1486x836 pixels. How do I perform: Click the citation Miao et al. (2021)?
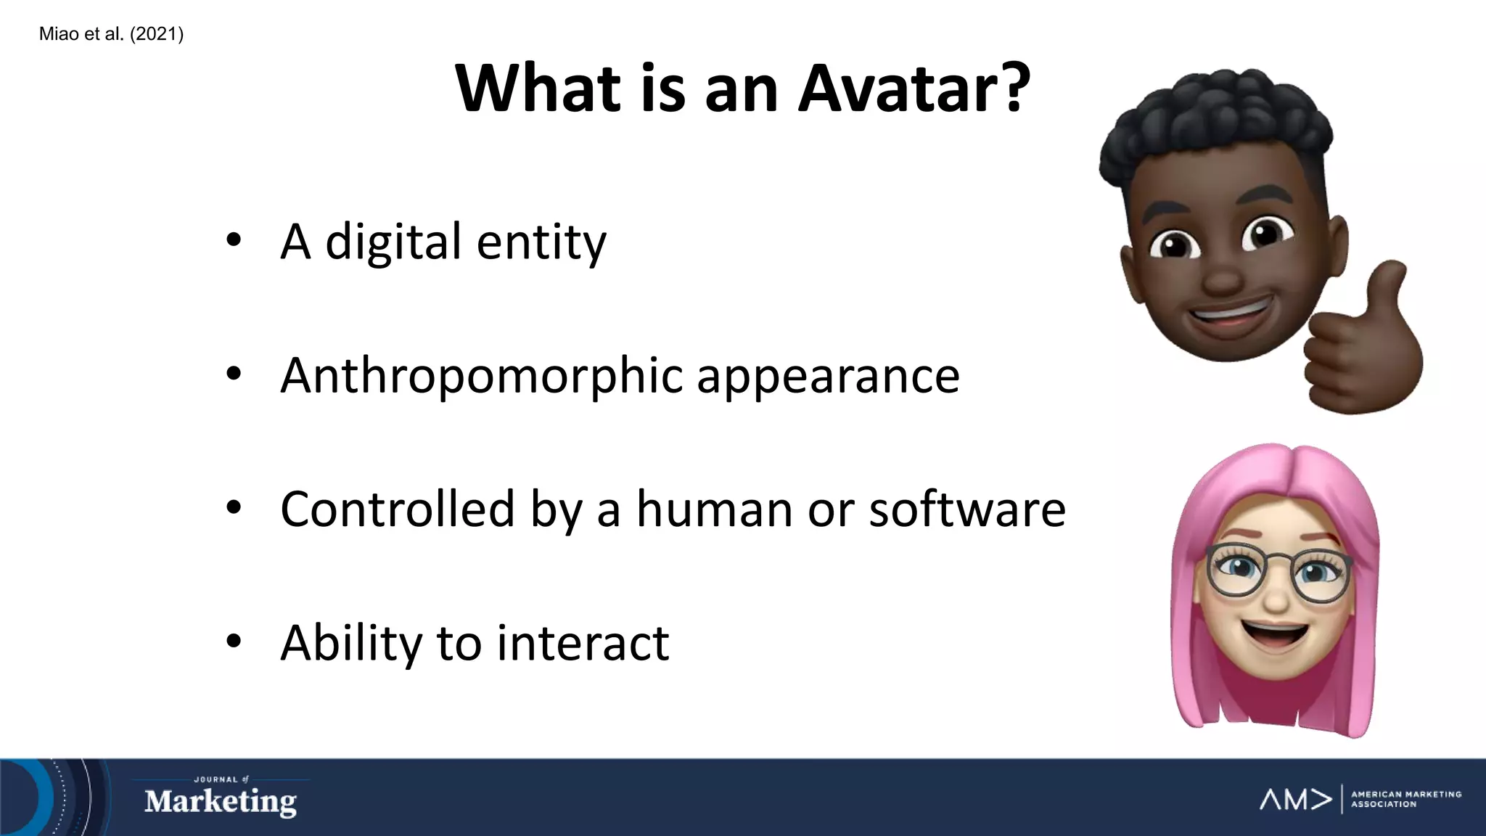(x=111, y=34)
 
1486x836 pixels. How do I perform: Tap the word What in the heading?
(x=538, y=89)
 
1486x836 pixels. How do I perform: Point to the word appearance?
(x=828, y=377)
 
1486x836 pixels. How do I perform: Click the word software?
(x=967, y=509)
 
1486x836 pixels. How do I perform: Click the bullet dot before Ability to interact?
(x=233, y=642)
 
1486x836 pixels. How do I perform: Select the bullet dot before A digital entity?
(x=233, y=240)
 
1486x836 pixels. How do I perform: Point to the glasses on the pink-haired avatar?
(x=1277, y=573)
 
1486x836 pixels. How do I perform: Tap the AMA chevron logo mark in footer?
(x=1296, y=799)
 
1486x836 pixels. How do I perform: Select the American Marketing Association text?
(x=1405, y=799)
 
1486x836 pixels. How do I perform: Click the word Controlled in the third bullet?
(x=397, y=509)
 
